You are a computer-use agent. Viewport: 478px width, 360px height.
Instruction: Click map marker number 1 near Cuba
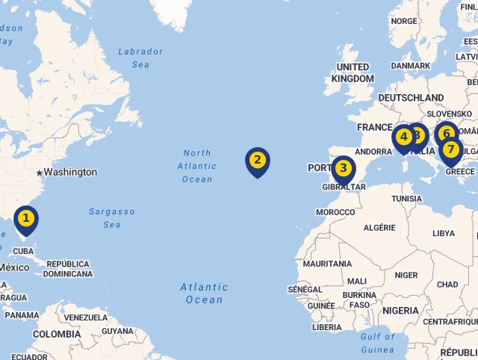(x=25, y=219)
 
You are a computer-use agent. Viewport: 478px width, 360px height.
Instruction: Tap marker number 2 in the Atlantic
(x=257, y=160)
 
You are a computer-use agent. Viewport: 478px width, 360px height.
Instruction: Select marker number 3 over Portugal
(x=344, y=168)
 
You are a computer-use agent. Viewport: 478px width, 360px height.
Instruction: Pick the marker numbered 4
(x=403, y=137)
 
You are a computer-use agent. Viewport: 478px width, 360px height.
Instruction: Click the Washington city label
(x=69, y=173)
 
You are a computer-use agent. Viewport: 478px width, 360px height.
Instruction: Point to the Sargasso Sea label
(x=112, y=218)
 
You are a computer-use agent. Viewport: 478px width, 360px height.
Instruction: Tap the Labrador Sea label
(x=140, y=58)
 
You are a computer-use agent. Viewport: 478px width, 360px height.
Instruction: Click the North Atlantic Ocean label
(x=198, y=166)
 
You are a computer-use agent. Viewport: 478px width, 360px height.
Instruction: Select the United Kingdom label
(x=353, y=72)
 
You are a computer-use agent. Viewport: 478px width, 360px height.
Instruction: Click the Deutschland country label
(x=411, y=98)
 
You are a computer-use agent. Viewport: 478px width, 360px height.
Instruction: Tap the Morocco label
(x=335, y=212)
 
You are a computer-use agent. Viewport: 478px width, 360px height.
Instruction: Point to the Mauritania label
(x=327, y=264)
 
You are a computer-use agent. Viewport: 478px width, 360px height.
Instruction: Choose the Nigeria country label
(x=400, y=310)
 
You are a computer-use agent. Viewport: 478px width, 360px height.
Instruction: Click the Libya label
(x=443, y=234)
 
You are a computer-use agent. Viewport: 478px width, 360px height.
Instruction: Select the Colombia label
(x=56, y=334)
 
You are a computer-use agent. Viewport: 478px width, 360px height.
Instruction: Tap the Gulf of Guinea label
(x=377, y=343)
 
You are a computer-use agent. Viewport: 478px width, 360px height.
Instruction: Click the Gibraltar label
(x=344, y=187)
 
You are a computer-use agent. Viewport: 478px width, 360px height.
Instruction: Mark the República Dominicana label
(x=68, y=269)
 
